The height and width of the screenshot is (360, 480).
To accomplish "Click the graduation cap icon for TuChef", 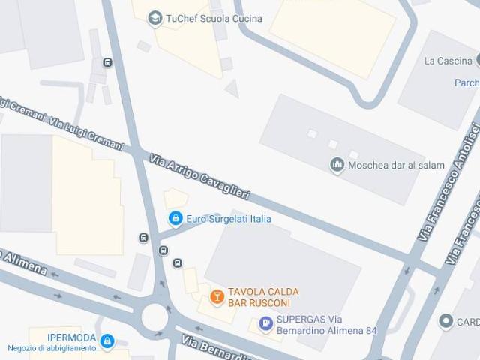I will pos(155,18).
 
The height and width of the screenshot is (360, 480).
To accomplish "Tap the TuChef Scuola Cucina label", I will pos(204,18).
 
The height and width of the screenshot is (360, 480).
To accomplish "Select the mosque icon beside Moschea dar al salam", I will pos(337,165).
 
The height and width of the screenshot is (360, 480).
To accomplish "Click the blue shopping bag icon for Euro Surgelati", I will pos(175,219).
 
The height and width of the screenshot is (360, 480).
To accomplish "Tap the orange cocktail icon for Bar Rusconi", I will pos(217,298).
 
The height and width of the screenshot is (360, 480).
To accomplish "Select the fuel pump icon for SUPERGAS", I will pos(265,324).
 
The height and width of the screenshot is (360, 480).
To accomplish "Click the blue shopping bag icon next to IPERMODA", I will pos(107,342).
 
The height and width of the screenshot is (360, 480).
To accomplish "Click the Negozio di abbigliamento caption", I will pos(52,348).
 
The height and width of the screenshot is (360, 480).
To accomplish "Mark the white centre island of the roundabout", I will pos(154,316).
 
